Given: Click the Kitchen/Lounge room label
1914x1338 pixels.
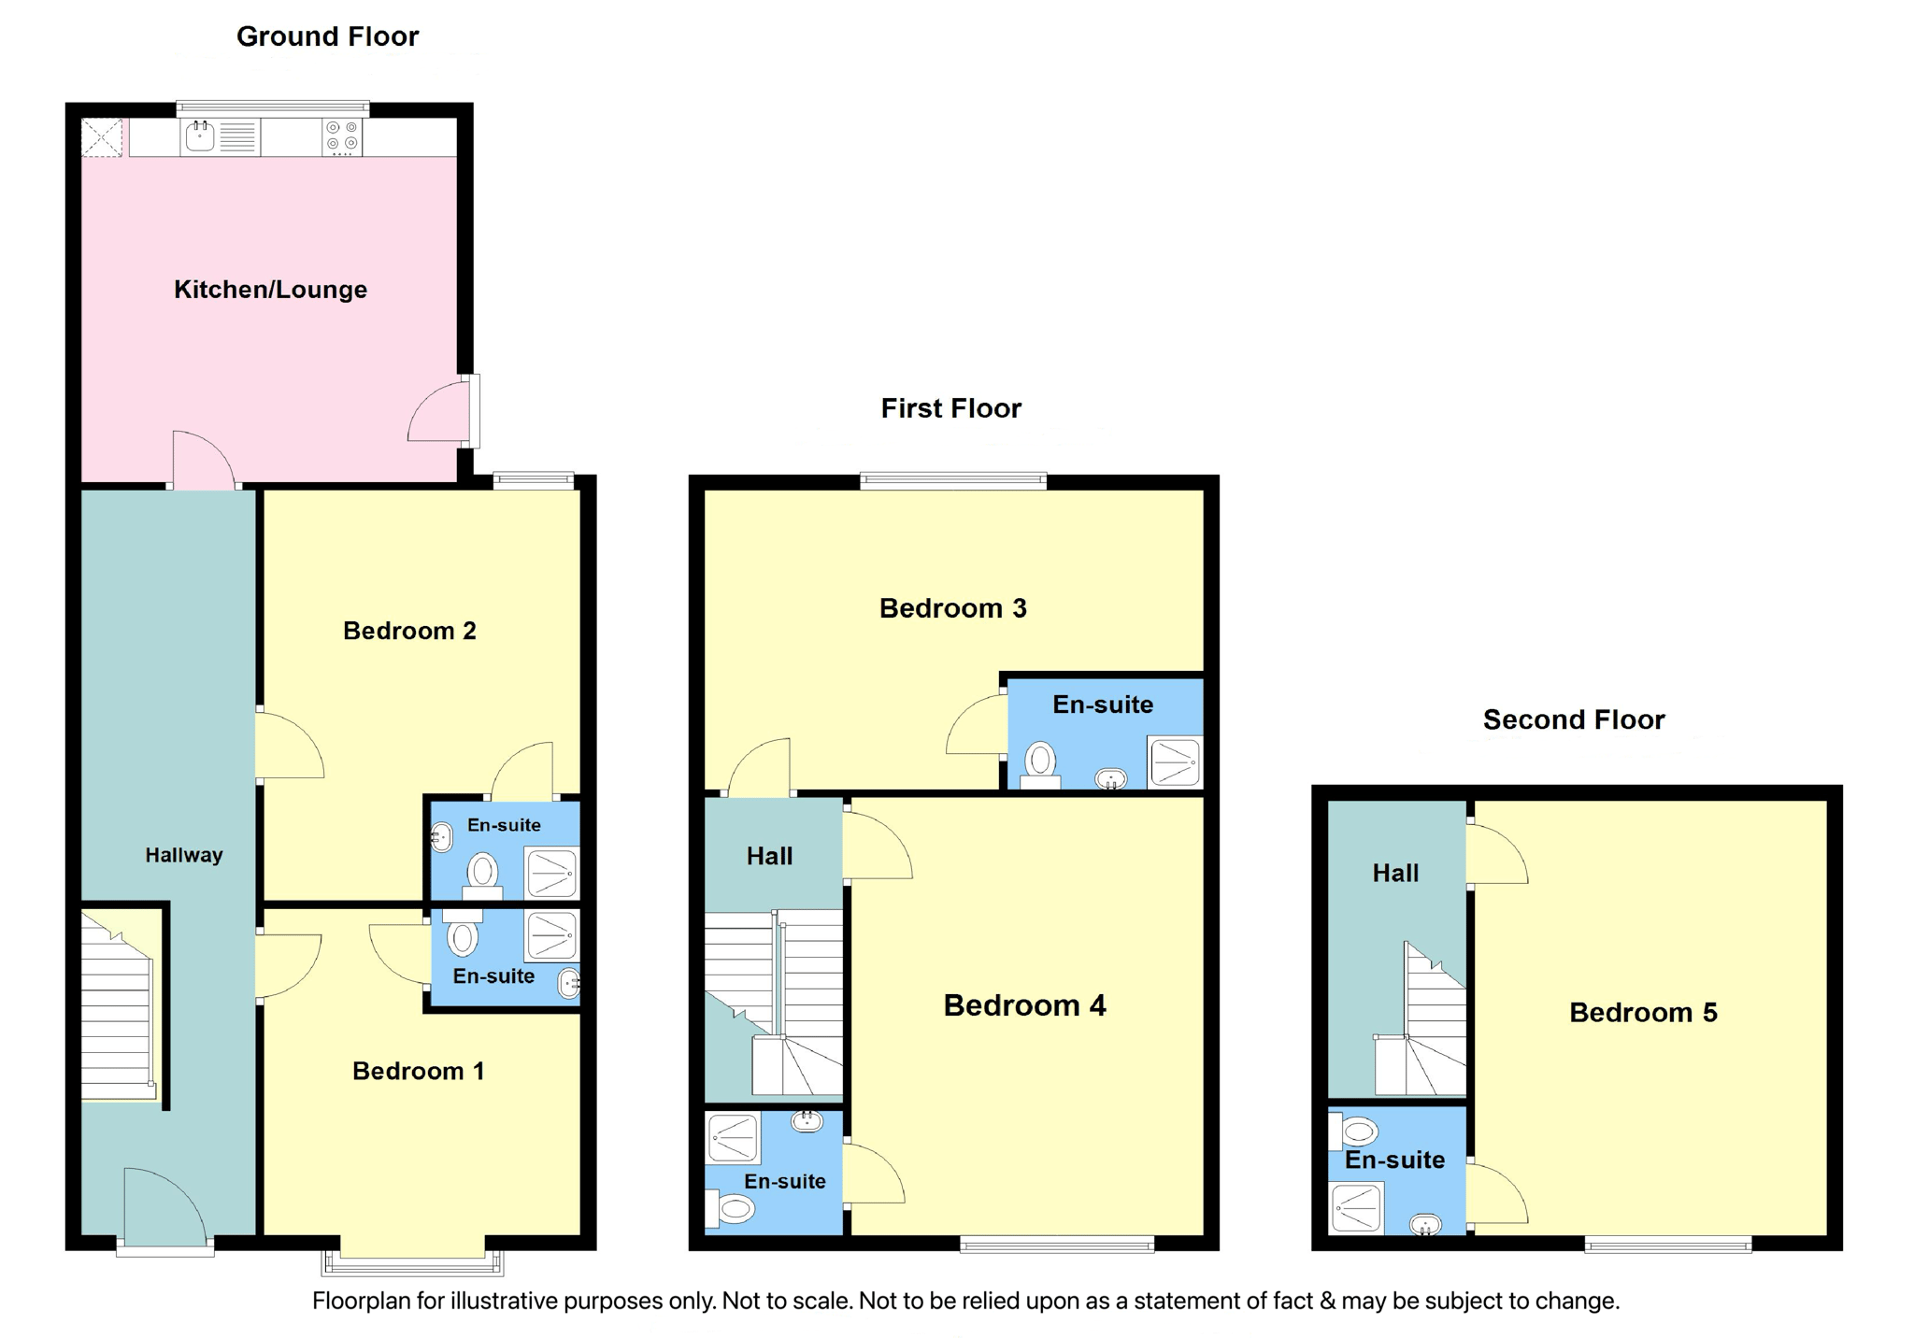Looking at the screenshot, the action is (x=270, y=290).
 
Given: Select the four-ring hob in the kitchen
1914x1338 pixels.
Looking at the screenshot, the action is (x=342, y=137).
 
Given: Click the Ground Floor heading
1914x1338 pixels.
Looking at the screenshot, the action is (x=327, y=36).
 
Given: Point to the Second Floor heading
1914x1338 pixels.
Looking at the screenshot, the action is (x=1574, y=719).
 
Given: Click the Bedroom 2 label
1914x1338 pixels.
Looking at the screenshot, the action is (x=409, y=631).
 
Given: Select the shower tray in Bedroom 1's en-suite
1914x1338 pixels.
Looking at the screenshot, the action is (x=551, y=936).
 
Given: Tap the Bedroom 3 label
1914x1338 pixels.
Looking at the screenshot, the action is (x=952, y=608).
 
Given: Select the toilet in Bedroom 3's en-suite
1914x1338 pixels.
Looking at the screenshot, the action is (x=1040, y=765).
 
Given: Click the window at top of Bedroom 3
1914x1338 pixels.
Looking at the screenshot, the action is (x=952, y=481).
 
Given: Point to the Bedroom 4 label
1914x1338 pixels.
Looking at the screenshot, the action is (x=1024, y=1005).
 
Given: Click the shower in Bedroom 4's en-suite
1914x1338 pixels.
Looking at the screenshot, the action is (x=733, y=1138).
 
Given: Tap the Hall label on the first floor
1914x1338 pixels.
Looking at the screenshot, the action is (x=769, y=856).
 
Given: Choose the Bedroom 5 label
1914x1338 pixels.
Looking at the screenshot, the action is (x=1643, y=1012).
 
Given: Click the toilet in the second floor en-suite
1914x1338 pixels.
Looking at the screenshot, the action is (x=1353, y=1132).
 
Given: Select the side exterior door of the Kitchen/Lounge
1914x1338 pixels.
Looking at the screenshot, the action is (x=441, y=411).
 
